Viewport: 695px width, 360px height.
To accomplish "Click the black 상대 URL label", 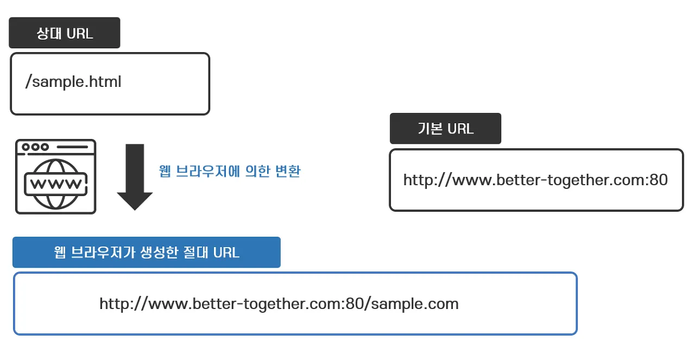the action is tap(64, 33).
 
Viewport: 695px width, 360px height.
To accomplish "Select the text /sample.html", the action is tap(73, 82).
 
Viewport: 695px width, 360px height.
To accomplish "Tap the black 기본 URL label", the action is tap(445, 129).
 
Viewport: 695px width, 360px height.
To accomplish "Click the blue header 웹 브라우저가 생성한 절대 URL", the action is tap(147, 252).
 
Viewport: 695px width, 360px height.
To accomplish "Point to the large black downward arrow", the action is tap(135, 176).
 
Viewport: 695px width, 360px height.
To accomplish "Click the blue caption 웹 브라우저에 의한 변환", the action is tap(230, 172).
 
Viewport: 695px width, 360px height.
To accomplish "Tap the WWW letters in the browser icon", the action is tap(56, 183).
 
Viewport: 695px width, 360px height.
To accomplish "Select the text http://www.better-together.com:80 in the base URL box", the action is tap(535, 180).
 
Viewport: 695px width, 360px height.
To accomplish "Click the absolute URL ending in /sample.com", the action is tap(279, 304).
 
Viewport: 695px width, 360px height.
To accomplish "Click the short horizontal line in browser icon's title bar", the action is tap(72, 147).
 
